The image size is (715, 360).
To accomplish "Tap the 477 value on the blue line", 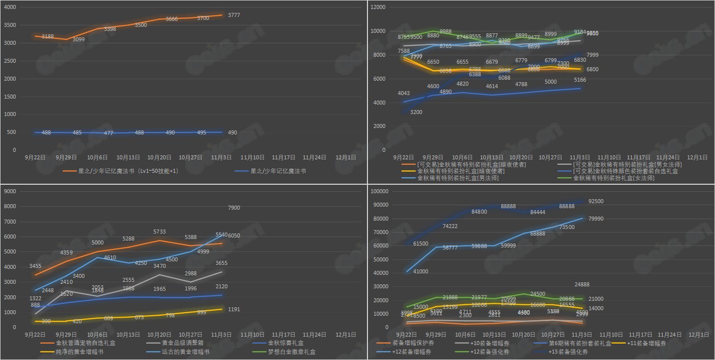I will click(x=108, y=133).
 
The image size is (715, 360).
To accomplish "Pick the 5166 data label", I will click(x=580, y=80).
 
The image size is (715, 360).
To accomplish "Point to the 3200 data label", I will click(x=416, y=113).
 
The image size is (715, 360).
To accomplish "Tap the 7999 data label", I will click(x=592, y=55).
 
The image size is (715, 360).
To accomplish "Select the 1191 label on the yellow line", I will click(x=235, y=309).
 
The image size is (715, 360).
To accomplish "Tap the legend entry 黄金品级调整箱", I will click(x=182, y=343).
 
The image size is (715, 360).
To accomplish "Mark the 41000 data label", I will click(x=421, y=271).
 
